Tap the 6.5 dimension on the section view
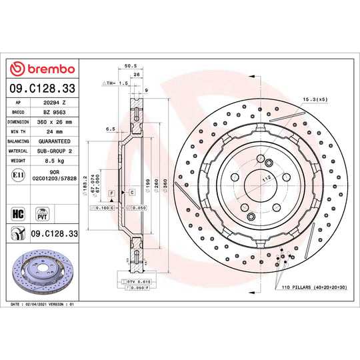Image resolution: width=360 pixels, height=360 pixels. [111, 129]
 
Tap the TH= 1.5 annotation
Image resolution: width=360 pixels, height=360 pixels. [114, 83]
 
